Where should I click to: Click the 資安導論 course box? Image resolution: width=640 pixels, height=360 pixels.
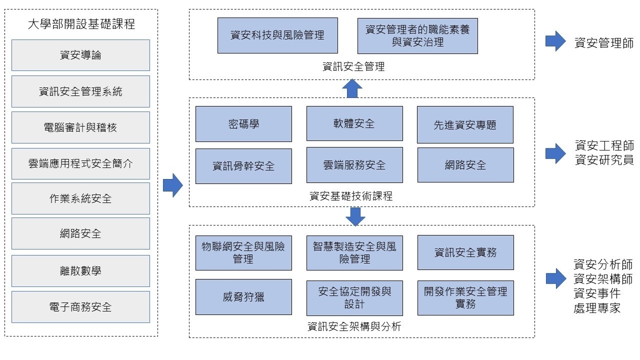click(x=80, y=55)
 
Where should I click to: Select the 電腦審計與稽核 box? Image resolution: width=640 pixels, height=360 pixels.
click(x=80, y=127)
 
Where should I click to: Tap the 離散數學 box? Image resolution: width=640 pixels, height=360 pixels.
click(x=80, y=271)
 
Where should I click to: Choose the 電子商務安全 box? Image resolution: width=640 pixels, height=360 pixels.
click(x=80, y=307)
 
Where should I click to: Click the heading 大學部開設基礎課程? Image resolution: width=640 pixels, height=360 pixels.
click(x=81, y=23)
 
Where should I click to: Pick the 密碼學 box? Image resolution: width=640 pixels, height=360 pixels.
click(x=243, y=124)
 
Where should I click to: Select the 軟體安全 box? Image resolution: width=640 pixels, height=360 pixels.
click(x=354, y=123)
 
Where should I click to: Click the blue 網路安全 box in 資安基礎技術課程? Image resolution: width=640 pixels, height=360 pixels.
click(x=465, y=164)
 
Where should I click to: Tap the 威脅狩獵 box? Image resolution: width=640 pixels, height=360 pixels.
click(x=243, y=297)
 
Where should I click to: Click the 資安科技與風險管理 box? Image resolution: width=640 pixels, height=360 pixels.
click(x=277, y=35)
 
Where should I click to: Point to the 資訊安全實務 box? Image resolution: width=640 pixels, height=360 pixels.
click(x=465, y=252)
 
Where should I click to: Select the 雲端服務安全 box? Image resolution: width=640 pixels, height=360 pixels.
click(x=354, y=165)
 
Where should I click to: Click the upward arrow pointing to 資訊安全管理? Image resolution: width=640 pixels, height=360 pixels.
click(x=352, y=88)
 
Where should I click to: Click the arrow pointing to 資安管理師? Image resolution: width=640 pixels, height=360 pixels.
click(x=555, y=41)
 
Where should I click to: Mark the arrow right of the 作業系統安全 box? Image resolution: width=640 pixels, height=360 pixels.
click(x=173, y=185)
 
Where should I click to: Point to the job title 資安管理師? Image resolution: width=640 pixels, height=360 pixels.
click(x=603, y=43)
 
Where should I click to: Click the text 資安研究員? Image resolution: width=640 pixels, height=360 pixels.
click(x=603, y=160)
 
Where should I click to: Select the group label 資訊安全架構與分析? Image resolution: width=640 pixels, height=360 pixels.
click(x=354, y=327)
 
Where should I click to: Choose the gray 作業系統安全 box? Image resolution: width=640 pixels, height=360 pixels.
click(x=80, y=198)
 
